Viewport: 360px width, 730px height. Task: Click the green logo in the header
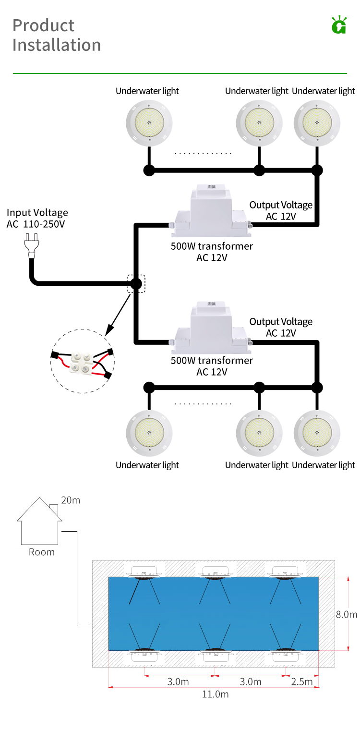tap(339, 25)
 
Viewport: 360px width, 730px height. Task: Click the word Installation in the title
tap(57, 45)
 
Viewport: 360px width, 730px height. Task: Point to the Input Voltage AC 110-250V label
tap(37, 218)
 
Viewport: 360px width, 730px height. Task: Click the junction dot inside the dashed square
tap(136, 284)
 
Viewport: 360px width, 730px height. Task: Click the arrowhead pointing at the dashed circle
tap(109, 331)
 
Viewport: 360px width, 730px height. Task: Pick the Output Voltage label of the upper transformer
tap(281, 210)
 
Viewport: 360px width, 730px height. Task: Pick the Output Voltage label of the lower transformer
tap(281, 327)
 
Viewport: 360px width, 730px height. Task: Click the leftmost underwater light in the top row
tap(148, 123)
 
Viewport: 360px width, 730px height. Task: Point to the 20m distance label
tap(71, 500)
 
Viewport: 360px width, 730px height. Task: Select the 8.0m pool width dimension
tap(347, 614)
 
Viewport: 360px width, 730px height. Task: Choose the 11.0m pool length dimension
tap(215, 694)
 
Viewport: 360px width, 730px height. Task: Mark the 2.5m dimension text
tap(302, 681)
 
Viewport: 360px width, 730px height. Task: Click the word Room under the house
tap(42, 552)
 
